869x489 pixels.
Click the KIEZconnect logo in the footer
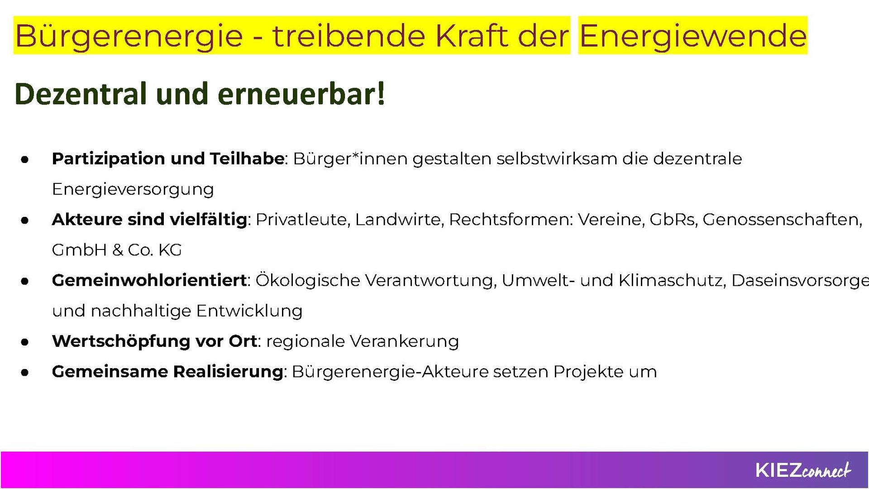803,470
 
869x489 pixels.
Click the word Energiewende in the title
693,35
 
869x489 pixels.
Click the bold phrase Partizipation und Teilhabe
168,159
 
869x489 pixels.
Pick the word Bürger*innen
349,159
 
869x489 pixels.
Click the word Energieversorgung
133,189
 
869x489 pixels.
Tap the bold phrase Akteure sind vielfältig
150,220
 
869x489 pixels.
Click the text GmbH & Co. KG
117,250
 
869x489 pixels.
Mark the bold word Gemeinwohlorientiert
149,281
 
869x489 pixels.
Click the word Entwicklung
249,311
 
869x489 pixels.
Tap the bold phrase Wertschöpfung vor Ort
154,341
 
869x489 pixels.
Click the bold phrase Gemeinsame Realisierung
167,372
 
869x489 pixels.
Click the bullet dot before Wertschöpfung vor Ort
25,342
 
